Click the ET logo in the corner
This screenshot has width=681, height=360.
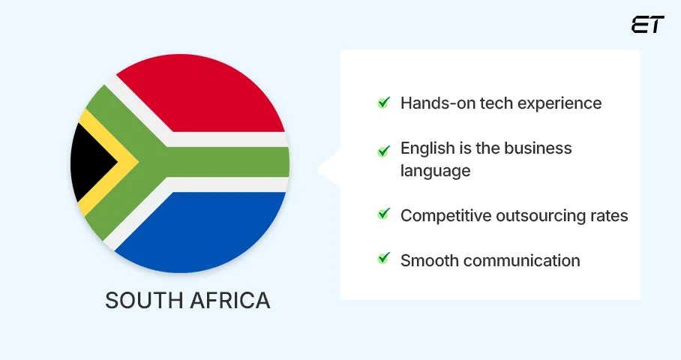[x=647, y=25]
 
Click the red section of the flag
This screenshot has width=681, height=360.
[x=202, y=94]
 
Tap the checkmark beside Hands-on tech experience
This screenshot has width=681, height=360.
[x=383, y=103]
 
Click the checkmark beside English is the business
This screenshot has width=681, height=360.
[x=383, y=149]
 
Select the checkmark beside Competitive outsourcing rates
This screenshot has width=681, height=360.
[x=383, y=214]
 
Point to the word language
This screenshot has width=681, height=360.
[x=435, y=171]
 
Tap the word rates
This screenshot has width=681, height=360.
[x=610, y=216]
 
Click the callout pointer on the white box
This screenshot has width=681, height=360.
[x=328, y=169]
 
